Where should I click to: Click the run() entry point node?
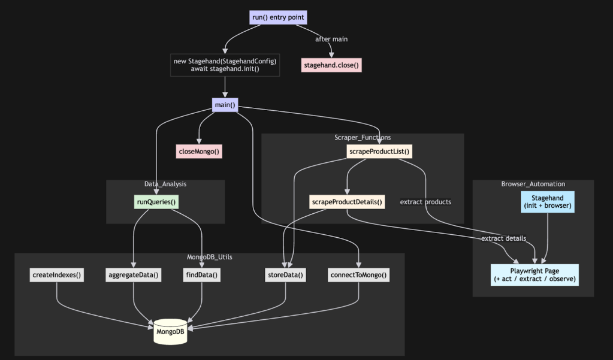(279, 17)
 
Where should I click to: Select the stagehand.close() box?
(331, 65)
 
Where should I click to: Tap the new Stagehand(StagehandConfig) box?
(225, 65)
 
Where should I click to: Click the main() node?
(225, 105)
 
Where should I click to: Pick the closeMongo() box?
(199, 152)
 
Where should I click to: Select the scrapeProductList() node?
(380, 152)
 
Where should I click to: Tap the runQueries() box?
(156, 202)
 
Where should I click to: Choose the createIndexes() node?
(57, 276)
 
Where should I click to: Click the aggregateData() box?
(133, 276)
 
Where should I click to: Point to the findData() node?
(201, 276)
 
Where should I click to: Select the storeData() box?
(285, 276)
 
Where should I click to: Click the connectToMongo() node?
(359, 276)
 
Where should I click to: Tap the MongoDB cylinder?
(170, 331)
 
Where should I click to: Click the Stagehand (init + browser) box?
(548, 202)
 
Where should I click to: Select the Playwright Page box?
(535, 275)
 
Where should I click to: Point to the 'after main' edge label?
(331, 39)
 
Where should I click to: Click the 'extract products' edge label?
(425, 202)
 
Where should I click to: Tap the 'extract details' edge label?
(503, 238)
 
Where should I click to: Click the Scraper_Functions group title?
(363, 138)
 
